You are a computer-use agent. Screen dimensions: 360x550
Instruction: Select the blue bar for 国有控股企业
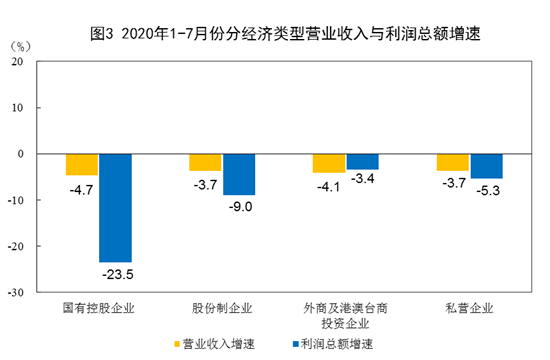(115, 207)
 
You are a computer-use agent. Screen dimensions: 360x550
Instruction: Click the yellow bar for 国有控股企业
(82, 164)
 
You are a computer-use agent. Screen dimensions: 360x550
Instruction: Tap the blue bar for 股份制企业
(239, 174)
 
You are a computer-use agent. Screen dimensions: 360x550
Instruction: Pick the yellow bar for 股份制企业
(205, 162)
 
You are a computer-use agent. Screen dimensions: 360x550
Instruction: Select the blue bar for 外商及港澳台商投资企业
(362, 161)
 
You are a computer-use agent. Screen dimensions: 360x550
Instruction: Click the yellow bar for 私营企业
(452, 162)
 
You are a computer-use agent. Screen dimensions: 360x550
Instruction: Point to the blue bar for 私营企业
(486, 166)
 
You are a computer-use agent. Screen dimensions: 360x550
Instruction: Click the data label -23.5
(116, 273)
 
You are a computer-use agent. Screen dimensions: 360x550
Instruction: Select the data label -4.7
(81, 186)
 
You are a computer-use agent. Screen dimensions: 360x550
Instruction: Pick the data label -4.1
(328, 185)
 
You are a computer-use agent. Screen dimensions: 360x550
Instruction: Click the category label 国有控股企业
(98, 309)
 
